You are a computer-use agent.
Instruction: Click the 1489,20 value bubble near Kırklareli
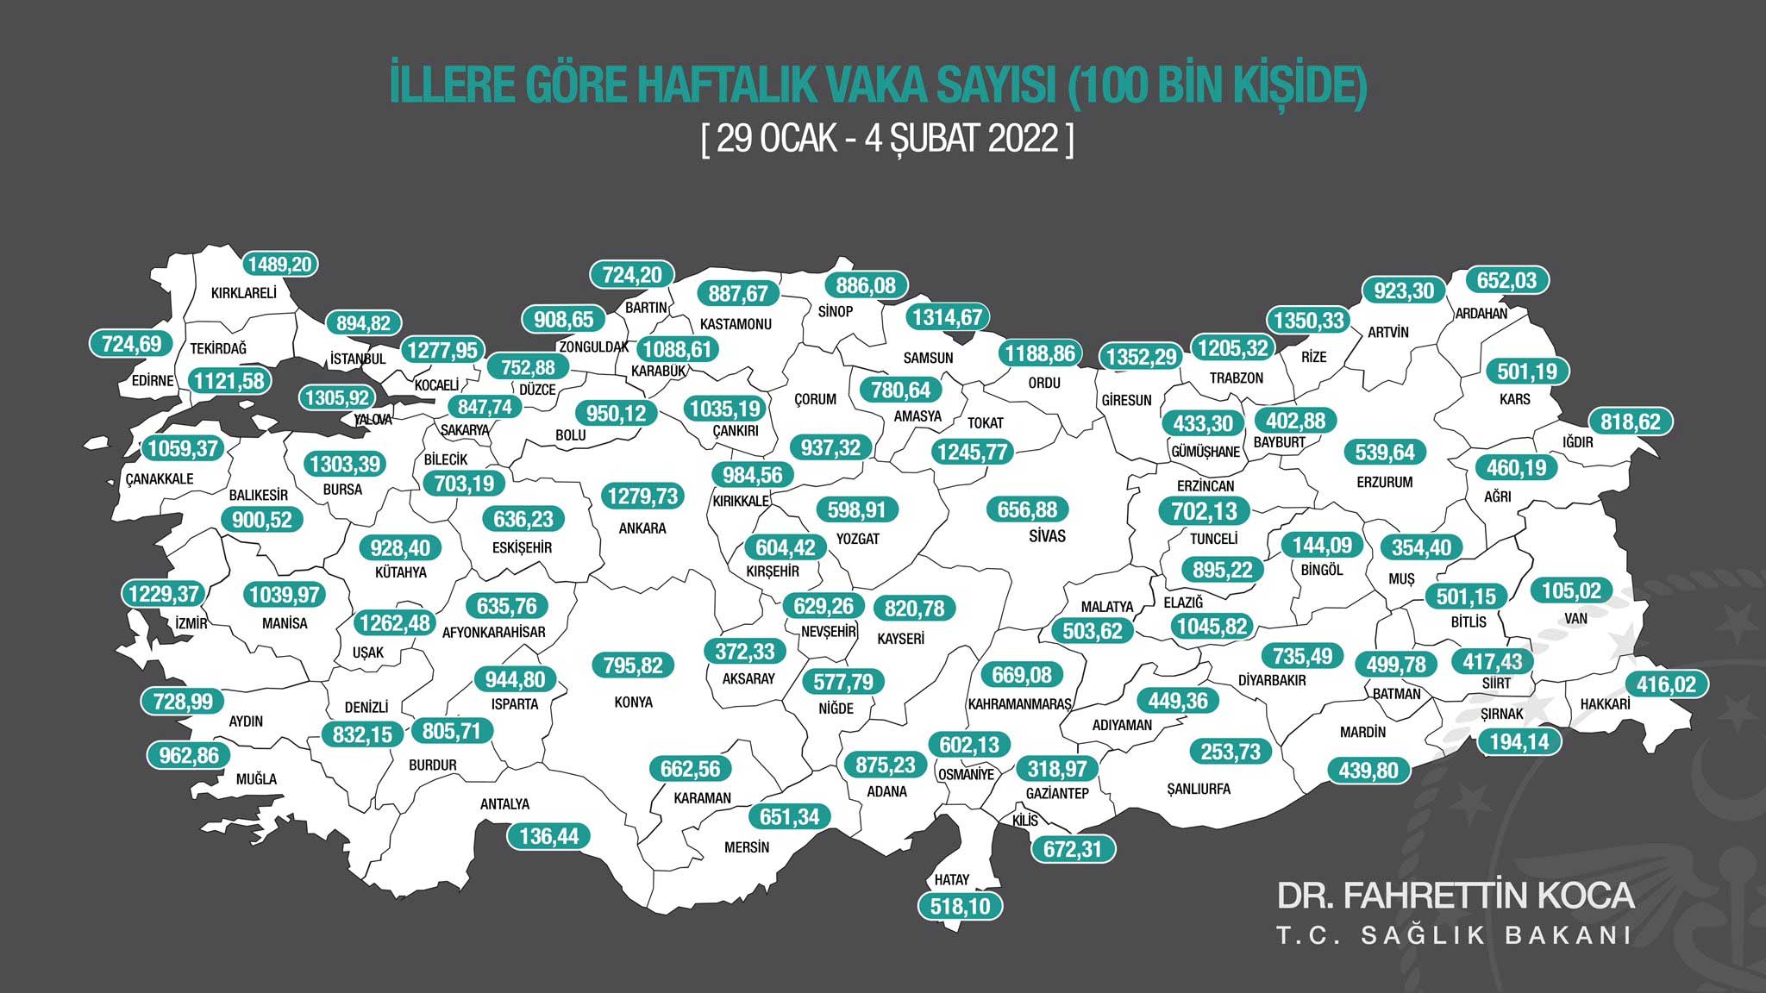[280, 264]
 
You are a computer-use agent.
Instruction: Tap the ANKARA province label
[642, 528]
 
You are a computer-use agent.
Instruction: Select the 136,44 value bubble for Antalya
[548, 835]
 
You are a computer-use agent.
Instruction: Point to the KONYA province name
[634, 702]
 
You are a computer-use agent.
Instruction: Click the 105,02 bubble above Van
[1571, 590]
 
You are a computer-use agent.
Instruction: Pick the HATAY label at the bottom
[952, 880]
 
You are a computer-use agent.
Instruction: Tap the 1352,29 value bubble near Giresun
[1141, 356]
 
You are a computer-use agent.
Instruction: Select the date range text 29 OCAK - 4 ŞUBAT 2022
[887, 138]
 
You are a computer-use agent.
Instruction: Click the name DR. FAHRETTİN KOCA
[1455, 896]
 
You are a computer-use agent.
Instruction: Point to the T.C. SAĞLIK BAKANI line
[1455, 936]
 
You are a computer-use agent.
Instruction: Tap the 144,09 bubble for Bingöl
[1321, 545]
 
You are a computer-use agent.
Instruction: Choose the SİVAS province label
[1047, 536]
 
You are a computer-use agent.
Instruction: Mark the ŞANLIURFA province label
[1198, 789]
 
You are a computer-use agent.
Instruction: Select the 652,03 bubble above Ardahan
[1506, 280]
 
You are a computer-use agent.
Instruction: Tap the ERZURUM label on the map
[1384, 482]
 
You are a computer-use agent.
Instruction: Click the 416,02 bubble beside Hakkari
[1665, 684]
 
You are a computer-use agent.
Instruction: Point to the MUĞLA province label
[256, 779]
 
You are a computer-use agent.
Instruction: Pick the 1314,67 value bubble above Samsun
[947, 317]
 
